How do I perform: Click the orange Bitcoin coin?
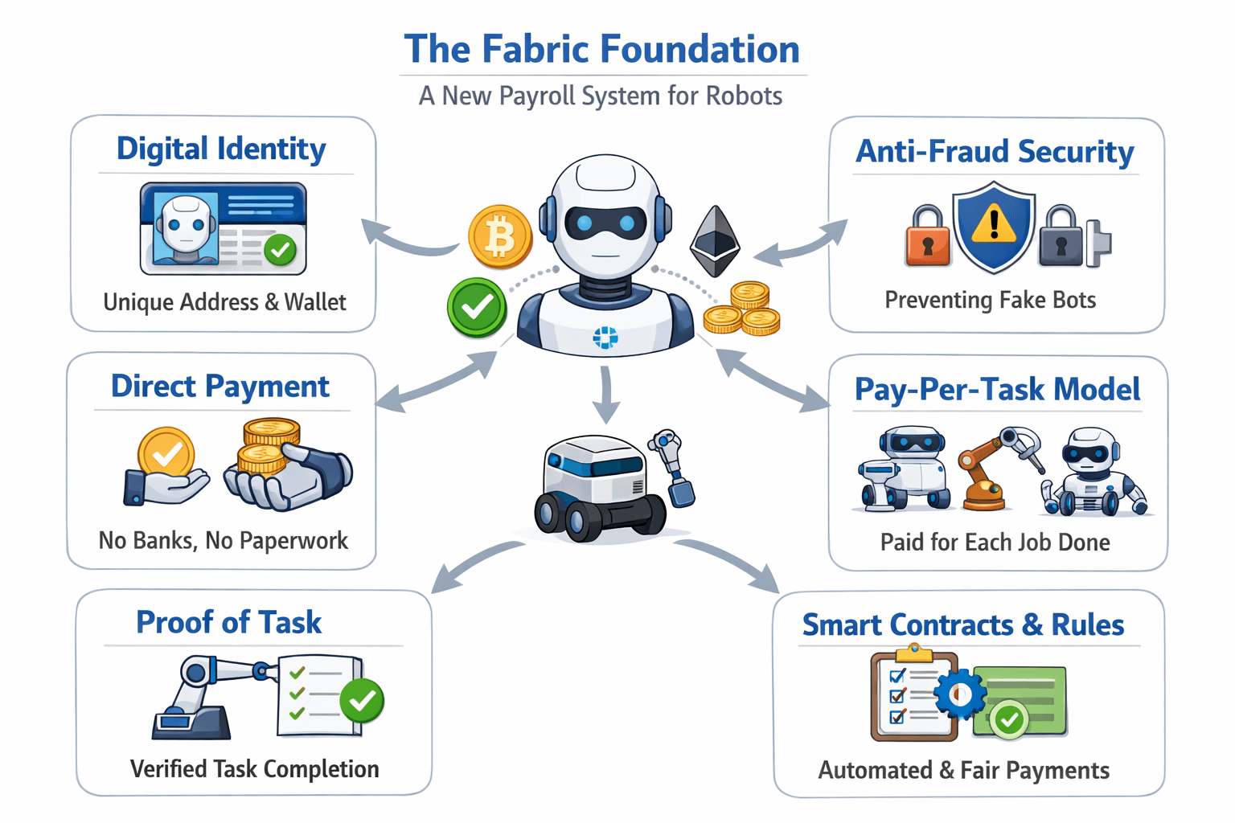point(500,236)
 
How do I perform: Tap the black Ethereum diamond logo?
point(715,241)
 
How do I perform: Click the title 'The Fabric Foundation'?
point(602,49)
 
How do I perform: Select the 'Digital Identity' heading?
point(221,149)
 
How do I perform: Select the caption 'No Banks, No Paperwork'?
point(223,540)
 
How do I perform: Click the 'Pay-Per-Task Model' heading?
point(997,389)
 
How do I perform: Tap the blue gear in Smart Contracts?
point(959,694)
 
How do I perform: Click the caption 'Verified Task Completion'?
point(254,769)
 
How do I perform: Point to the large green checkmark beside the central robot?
point(477,307)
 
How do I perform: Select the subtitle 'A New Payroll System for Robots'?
point(601,96)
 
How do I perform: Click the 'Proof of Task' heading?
point(228,622)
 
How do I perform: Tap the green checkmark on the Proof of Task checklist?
point(362,700)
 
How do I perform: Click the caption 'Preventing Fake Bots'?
point(990,300)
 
